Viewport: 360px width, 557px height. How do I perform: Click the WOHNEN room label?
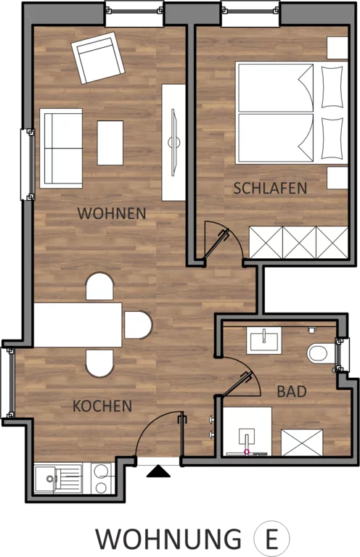112,213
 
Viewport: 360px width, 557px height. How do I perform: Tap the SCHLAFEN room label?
270,188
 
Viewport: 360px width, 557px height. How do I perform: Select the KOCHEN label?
102,406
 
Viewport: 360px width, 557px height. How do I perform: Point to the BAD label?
292,392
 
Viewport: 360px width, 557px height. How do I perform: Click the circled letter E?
272,540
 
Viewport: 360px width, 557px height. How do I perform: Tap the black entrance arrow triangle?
158,471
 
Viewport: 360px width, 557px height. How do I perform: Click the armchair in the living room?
98,58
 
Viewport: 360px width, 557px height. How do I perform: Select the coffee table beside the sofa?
110,143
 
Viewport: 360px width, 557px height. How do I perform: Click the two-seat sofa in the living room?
61,148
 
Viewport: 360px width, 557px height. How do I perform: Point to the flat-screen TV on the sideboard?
173,142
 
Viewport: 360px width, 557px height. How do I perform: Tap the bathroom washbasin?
264,341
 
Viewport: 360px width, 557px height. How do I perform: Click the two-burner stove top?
102,479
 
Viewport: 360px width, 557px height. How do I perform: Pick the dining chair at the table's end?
138,325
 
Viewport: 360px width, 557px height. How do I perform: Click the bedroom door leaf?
216,244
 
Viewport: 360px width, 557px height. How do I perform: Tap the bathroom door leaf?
237,384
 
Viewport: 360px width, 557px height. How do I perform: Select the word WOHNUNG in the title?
169,540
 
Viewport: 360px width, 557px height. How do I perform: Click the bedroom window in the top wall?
250,12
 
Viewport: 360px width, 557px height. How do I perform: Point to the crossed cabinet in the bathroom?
302,442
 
